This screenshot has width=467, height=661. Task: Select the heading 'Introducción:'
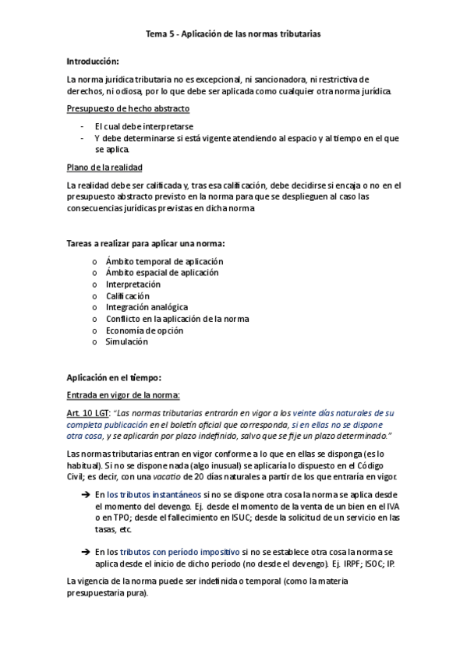point(93,61)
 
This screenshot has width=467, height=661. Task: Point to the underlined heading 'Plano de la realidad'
point(104,168)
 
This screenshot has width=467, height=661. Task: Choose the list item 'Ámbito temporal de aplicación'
point(164,262)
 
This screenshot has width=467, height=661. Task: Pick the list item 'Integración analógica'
point(147,307)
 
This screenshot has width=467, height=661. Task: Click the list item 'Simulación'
point(126,341)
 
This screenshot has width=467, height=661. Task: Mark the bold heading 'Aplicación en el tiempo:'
point(114,377)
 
